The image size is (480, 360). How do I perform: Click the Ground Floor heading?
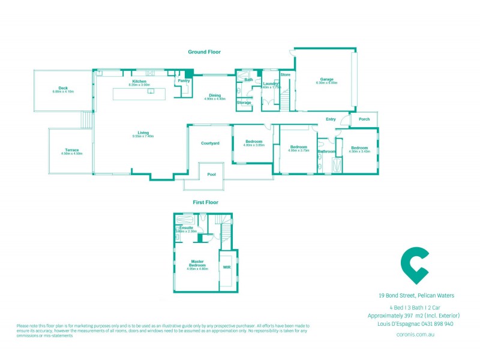click(204, 52)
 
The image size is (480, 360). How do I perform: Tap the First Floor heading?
click(204, 203)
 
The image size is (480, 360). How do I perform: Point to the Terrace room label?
click(71, 150)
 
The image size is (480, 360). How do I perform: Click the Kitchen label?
click(139, 82)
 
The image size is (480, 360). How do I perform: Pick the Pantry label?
click(184, 80)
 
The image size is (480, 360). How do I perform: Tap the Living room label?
click(143, 133)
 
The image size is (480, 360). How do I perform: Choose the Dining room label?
click(214, 95)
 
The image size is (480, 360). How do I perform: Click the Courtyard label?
click(209, 143)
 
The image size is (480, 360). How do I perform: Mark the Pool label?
click(211, 174)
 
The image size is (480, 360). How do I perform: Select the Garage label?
click(326, 79)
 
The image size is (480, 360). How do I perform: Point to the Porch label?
click(364, 119)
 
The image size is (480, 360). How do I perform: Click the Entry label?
click(331, 119)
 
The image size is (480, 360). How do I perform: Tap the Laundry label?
click(271, 83)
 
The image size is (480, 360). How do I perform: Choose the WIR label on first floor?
click(227, 268)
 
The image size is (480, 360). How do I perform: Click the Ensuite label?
click(186, 227)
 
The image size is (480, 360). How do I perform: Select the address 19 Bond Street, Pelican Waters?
click(416, 295)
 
